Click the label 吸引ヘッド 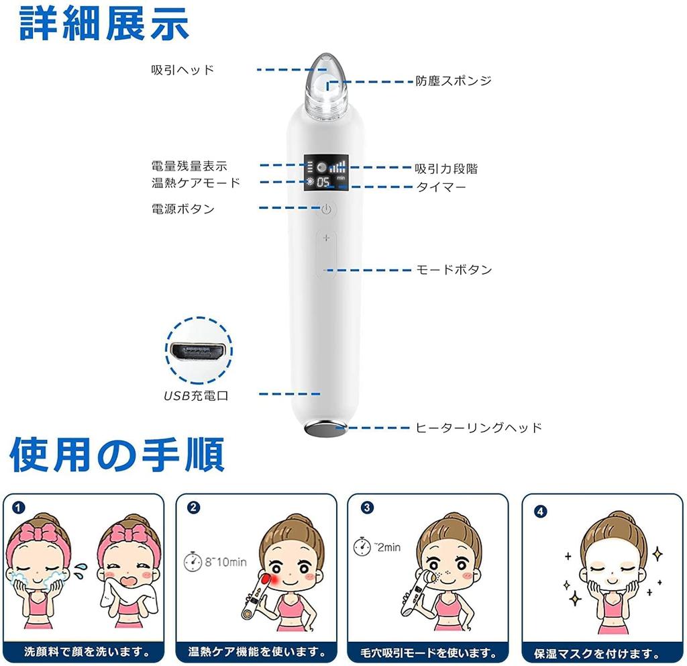[182, 70]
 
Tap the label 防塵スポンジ [453, 81]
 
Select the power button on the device [327, 209]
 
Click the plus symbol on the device [327, 238]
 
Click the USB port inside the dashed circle [198, 352]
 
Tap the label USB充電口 [197, 395]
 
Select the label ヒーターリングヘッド [478, 428]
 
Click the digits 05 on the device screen [324, 183]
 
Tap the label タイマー [441, 187]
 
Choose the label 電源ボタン [183, 209]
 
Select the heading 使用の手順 [117, 456]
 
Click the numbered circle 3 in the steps [366, 508]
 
